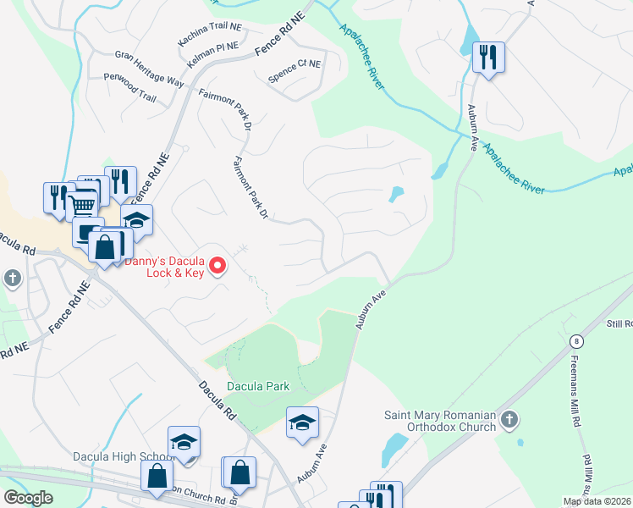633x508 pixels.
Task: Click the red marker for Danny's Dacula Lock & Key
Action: [217, 267]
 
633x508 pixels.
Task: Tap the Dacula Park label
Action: [257, 386]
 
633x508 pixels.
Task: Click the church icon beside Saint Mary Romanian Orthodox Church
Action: [509, 420]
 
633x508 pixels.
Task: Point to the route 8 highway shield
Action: [577, 340]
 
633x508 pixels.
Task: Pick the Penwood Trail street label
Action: [129, 97]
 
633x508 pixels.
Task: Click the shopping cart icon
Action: [81, 204]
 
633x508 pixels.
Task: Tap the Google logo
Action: [29, 498]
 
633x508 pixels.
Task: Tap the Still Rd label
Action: [619, 323]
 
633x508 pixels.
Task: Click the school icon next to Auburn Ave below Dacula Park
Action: [302, 422]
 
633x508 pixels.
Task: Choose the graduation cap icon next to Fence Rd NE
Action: [136, 220]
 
